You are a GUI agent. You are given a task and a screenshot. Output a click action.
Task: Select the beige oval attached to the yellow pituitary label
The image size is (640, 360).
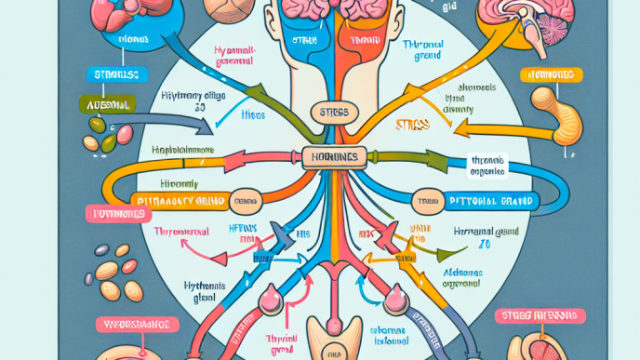point(247,198)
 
